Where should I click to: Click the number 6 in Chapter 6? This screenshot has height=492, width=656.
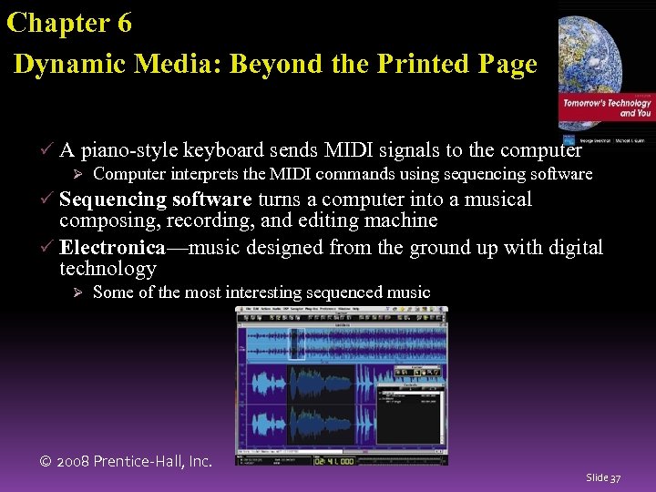click(123, 23)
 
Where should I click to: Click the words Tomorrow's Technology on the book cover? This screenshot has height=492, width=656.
click(607, 103)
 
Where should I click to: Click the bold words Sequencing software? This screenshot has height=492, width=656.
click(155, 200)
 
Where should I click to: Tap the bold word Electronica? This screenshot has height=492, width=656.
click(112, 247)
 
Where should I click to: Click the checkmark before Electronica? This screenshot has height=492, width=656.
click(48, 247)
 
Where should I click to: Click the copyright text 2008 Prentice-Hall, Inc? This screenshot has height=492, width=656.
click(127, 461)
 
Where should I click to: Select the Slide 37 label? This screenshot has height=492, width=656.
click(603, 477)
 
